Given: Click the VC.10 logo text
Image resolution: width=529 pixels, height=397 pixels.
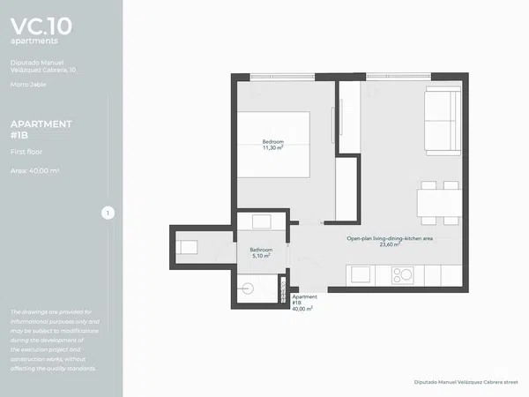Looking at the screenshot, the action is click(41, 26).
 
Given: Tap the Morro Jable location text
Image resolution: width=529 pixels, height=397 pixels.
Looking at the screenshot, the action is click(28, 85).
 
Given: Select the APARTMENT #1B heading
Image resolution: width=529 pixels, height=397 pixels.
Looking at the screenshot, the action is click(41, 130).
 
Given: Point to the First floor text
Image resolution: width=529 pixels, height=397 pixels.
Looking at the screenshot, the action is click(26, 152).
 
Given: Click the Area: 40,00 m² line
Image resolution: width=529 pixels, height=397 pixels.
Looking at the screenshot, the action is click(34, 171).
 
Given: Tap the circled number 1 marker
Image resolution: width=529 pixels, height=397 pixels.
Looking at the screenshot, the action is click(108, 213).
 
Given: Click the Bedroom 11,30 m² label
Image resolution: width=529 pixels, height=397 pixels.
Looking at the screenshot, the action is click(273, 145).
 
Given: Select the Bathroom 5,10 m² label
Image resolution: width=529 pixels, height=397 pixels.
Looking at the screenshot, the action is click(261, 253).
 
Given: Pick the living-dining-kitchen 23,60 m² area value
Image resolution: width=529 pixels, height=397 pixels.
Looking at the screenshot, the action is click(390, 244).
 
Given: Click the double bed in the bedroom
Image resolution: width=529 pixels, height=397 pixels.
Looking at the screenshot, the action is click(273, 145).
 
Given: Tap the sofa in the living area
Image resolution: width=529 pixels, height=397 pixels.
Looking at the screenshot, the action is click(443, 121).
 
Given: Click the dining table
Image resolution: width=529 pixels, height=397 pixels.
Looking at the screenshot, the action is click(439, 203).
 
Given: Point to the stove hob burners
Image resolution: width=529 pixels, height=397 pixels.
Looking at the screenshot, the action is click(403, 275).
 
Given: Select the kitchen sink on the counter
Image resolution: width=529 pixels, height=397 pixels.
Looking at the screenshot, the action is click(361, 274).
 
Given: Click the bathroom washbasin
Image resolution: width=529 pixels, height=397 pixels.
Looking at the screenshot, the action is click(262, 221).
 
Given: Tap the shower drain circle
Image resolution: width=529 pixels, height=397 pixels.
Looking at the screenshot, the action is click(248, 288).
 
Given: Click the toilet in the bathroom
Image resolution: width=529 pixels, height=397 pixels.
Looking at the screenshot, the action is click(187, 247).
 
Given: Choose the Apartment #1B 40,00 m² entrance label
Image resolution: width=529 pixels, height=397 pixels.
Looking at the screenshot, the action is click(304, 303).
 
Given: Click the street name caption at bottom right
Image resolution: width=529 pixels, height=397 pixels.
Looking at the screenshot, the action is click(466, 382).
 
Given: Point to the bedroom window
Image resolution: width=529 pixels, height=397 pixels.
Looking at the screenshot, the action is click(282, 77).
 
